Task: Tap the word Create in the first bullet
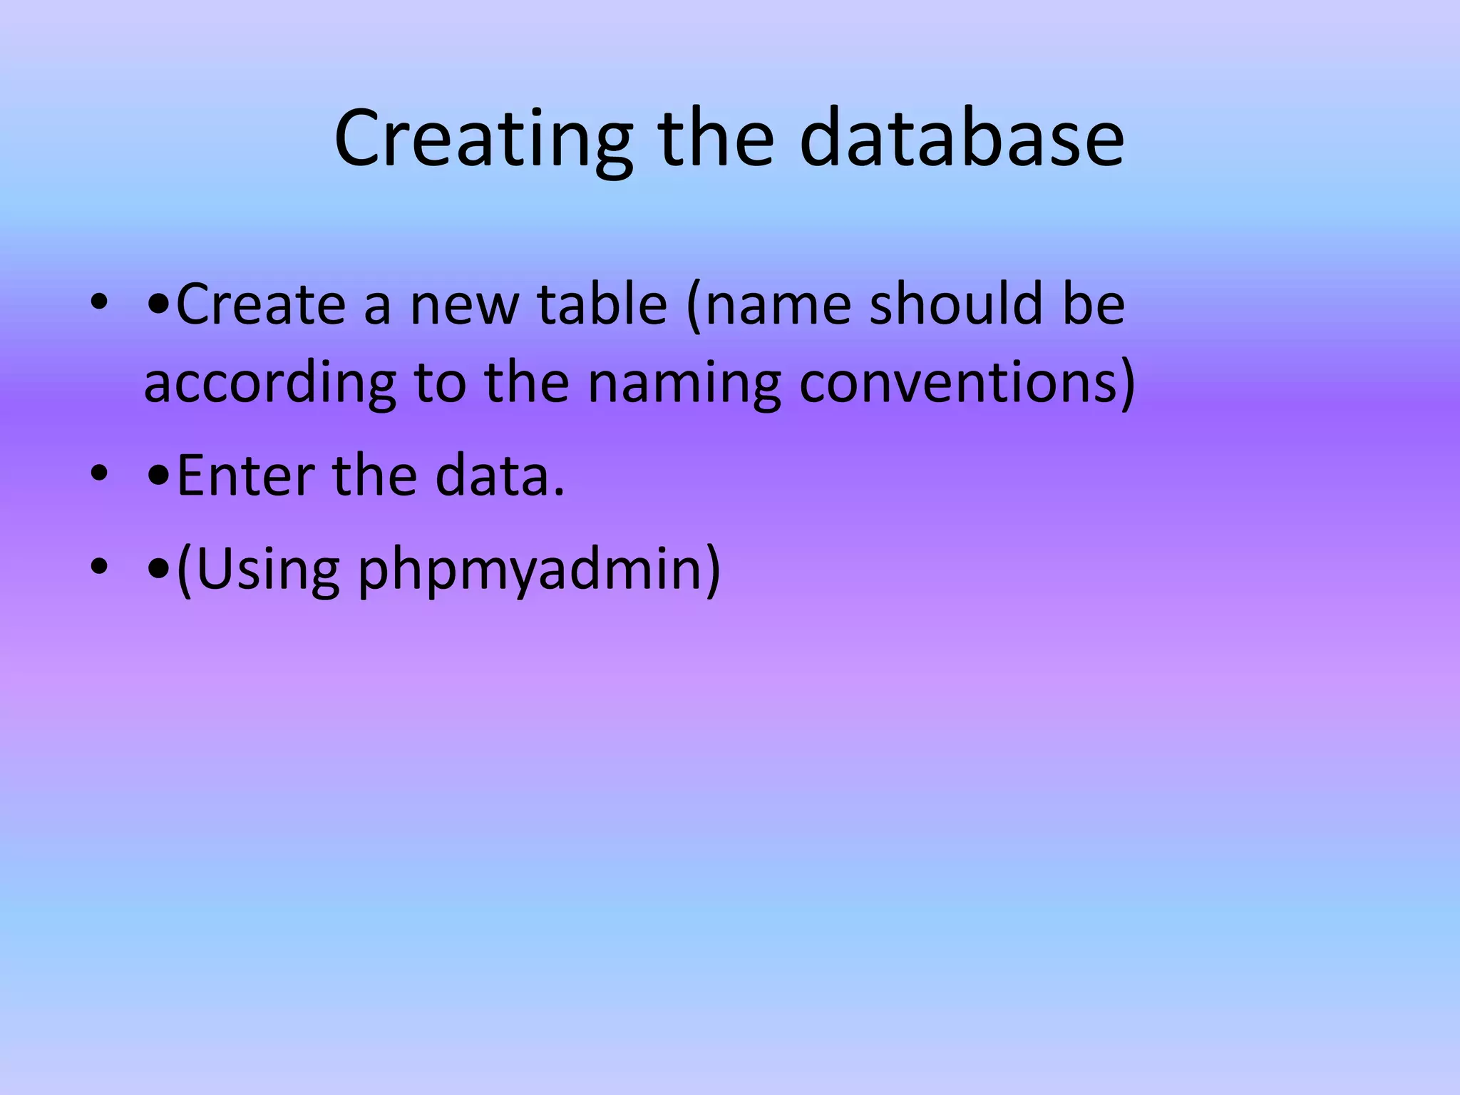click(x=262, y=304)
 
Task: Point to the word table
click(x=602, y=304)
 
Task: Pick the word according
click(x=269, y=383)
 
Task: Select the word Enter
click(x=245, y=475)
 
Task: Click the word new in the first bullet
click(x=464, y=304)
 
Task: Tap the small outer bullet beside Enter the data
click(x=99, y=473)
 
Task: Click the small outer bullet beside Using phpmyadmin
click(x=99, y=567)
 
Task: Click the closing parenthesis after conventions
click(x=1127, y=383)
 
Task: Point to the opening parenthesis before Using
click(x=184, y=570)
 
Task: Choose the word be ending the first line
click(x=1094, y=304)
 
